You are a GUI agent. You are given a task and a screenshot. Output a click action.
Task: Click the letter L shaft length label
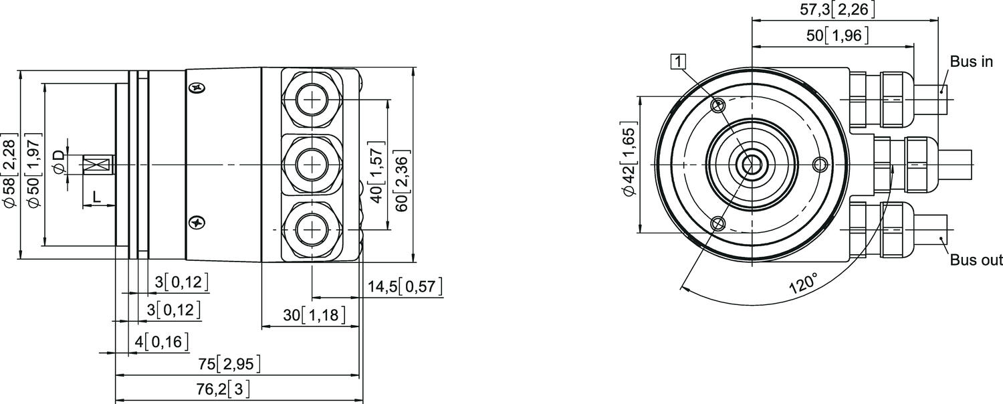(x=96, y=197)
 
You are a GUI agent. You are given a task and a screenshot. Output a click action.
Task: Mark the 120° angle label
(x=802, y=283)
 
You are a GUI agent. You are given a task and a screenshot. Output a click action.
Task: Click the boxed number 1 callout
(x=679, y=62)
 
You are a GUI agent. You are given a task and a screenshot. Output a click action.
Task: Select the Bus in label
(x=971, y=62)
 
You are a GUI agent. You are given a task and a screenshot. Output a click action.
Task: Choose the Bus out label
(x=976, y=260)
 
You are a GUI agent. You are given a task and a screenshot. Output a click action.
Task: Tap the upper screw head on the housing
(x=195, y=88)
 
